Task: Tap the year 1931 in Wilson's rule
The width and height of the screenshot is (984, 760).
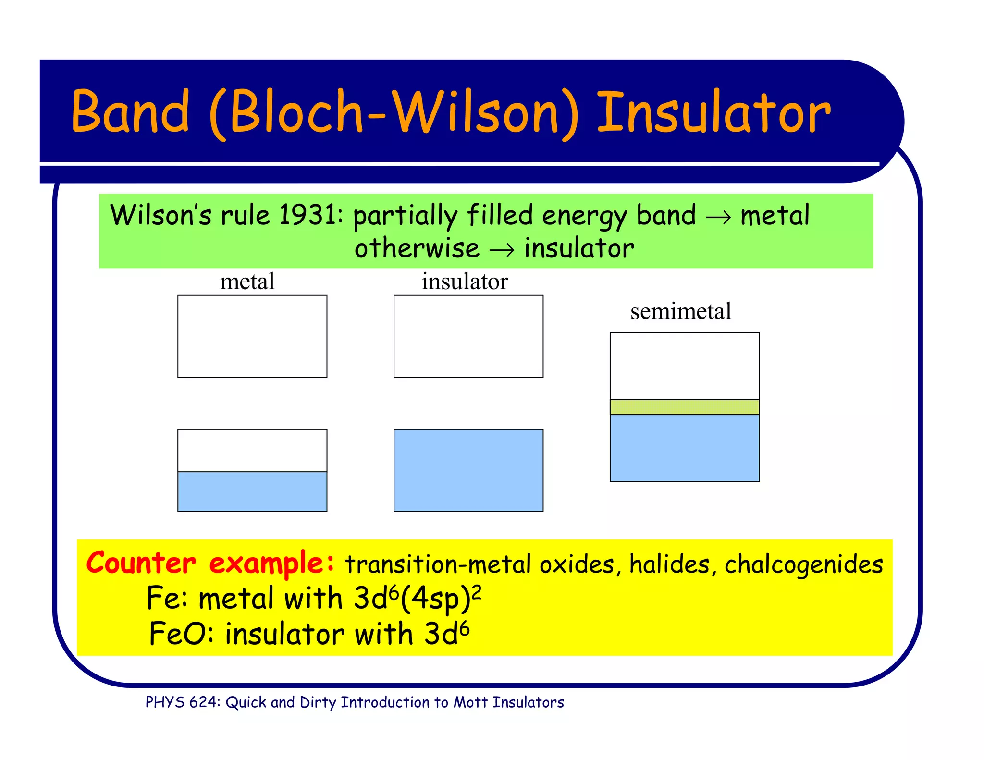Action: click(x=307, y=215)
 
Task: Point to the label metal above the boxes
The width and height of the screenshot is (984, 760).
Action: click(x=247, y=282)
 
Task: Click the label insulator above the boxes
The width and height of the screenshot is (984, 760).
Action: click(x=465, y=282)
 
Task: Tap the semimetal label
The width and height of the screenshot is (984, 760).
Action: click(x=680, y=311)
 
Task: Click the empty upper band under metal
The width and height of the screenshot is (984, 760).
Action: click(x=252, y=336)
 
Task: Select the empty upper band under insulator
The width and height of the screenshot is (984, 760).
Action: click(x=468, y=336)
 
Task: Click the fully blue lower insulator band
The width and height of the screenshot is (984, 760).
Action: click(x=468, y=470)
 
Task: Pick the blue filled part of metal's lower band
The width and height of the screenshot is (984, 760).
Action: click(x=252, y=491)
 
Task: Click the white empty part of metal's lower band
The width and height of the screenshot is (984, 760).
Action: click(x=252, y=451)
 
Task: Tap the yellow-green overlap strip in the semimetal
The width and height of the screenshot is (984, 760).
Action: click(x=685, y=407)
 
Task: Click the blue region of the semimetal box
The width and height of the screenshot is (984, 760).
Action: click(x=685, y=448)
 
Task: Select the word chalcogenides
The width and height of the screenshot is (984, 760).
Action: click(x=803, y=564)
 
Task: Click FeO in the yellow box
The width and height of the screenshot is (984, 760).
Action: click(x=179, y=634)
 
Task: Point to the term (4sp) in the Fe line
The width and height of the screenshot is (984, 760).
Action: click(x=435, y=600)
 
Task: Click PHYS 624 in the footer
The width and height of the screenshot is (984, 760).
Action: click(x=182, y=702)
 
